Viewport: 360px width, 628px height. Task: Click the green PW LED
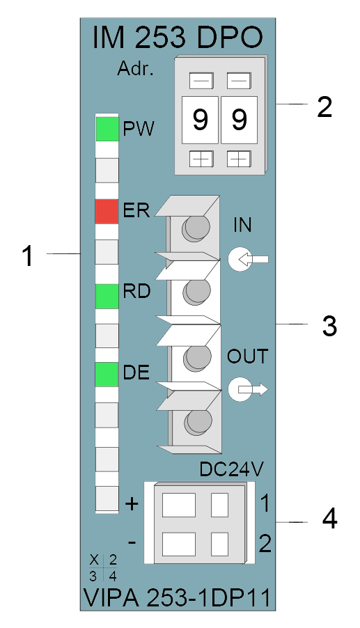[107, 129]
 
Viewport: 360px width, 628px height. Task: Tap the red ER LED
[107, 211]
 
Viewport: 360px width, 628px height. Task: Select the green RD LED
[107, 297]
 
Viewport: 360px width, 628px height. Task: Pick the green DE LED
[107, 375]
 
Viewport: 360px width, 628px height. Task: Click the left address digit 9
[201, 119]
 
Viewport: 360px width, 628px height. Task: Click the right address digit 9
[239, 119]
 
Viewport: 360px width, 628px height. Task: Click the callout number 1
[27, 256]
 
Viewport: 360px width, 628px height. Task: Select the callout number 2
[324, 107]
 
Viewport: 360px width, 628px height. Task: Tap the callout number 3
[329, 326]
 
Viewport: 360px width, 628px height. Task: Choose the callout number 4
[329, 519]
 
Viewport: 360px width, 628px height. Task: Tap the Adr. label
[135, 69]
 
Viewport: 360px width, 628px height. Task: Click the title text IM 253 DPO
[178, 38]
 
